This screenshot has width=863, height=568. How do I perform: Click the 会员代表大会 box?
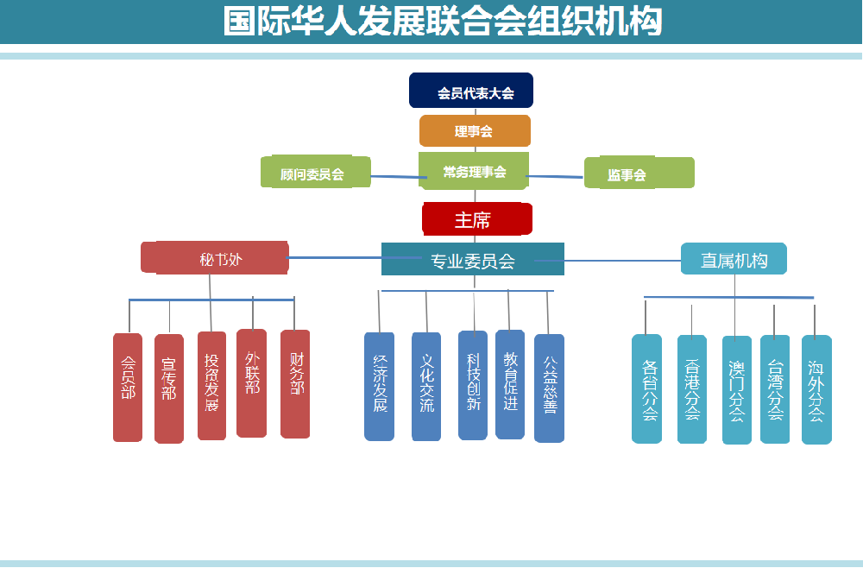pos(471,91)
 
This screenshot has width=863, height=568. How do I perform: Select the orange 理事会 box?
pos(475,131)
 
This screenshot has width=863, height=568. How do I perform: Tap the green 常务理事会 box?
pos(474,171)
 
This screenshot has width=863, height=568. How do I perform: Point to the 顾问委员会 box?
pos(315,173)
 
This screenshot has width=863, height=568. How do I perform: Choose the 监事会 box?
pos(639,174)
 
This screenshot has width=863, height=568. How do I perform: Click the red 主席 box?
pos(476,219)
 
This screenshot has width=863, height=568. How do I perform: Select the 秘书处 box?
pos(215,258)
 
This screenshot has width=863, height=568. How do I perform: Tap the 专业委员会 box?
pos(473,260)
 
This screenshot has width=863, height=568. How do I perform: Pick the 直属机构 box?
pos(734,259)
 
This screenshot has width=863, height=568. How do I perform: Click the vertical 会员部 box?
pos(128,388)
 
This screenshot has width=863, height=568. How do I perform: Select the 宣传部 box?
pos(169,388)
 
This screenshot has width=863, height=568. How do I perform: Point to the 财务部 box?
pos(295,384)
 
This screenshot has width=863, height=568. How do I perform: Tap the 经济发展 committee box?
pos(380,387)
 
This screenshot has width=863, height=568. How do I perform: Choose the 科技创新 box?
pos(473,385)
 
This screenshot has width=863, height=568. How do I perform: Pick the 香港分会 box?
pos(692,389)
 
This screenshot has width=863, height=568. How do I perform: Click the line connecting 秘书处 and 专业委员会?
pos(335,257)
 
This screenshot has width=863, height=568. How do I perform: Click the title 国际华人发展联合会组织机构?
pos(442,22)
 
